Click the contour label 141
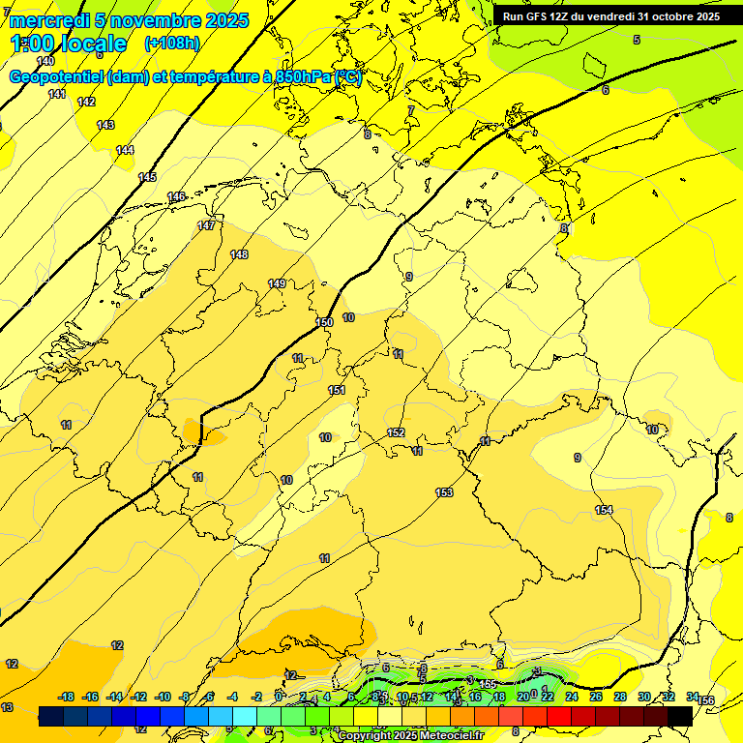[x=57, y=94]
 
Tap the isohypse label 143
[x=105, y=125]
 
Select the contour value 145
[x=147, y=177]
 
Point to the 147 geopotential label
[x=206, y=225]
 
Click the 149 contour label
[x=277, y=283]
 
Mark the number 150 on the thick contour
[x=324, y=322]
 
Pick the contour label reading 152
[x=396, y=432]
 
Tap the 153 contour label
[x=444, y=492]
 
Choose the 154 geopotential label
[x=604, y=510]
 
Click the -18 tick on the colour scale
[x=67, y=697]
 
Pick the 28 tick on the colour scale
[x=620, y=697]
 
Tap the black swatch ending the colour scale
[x=680, y=716]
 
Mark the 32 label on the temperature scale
[x=669, y=697]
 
